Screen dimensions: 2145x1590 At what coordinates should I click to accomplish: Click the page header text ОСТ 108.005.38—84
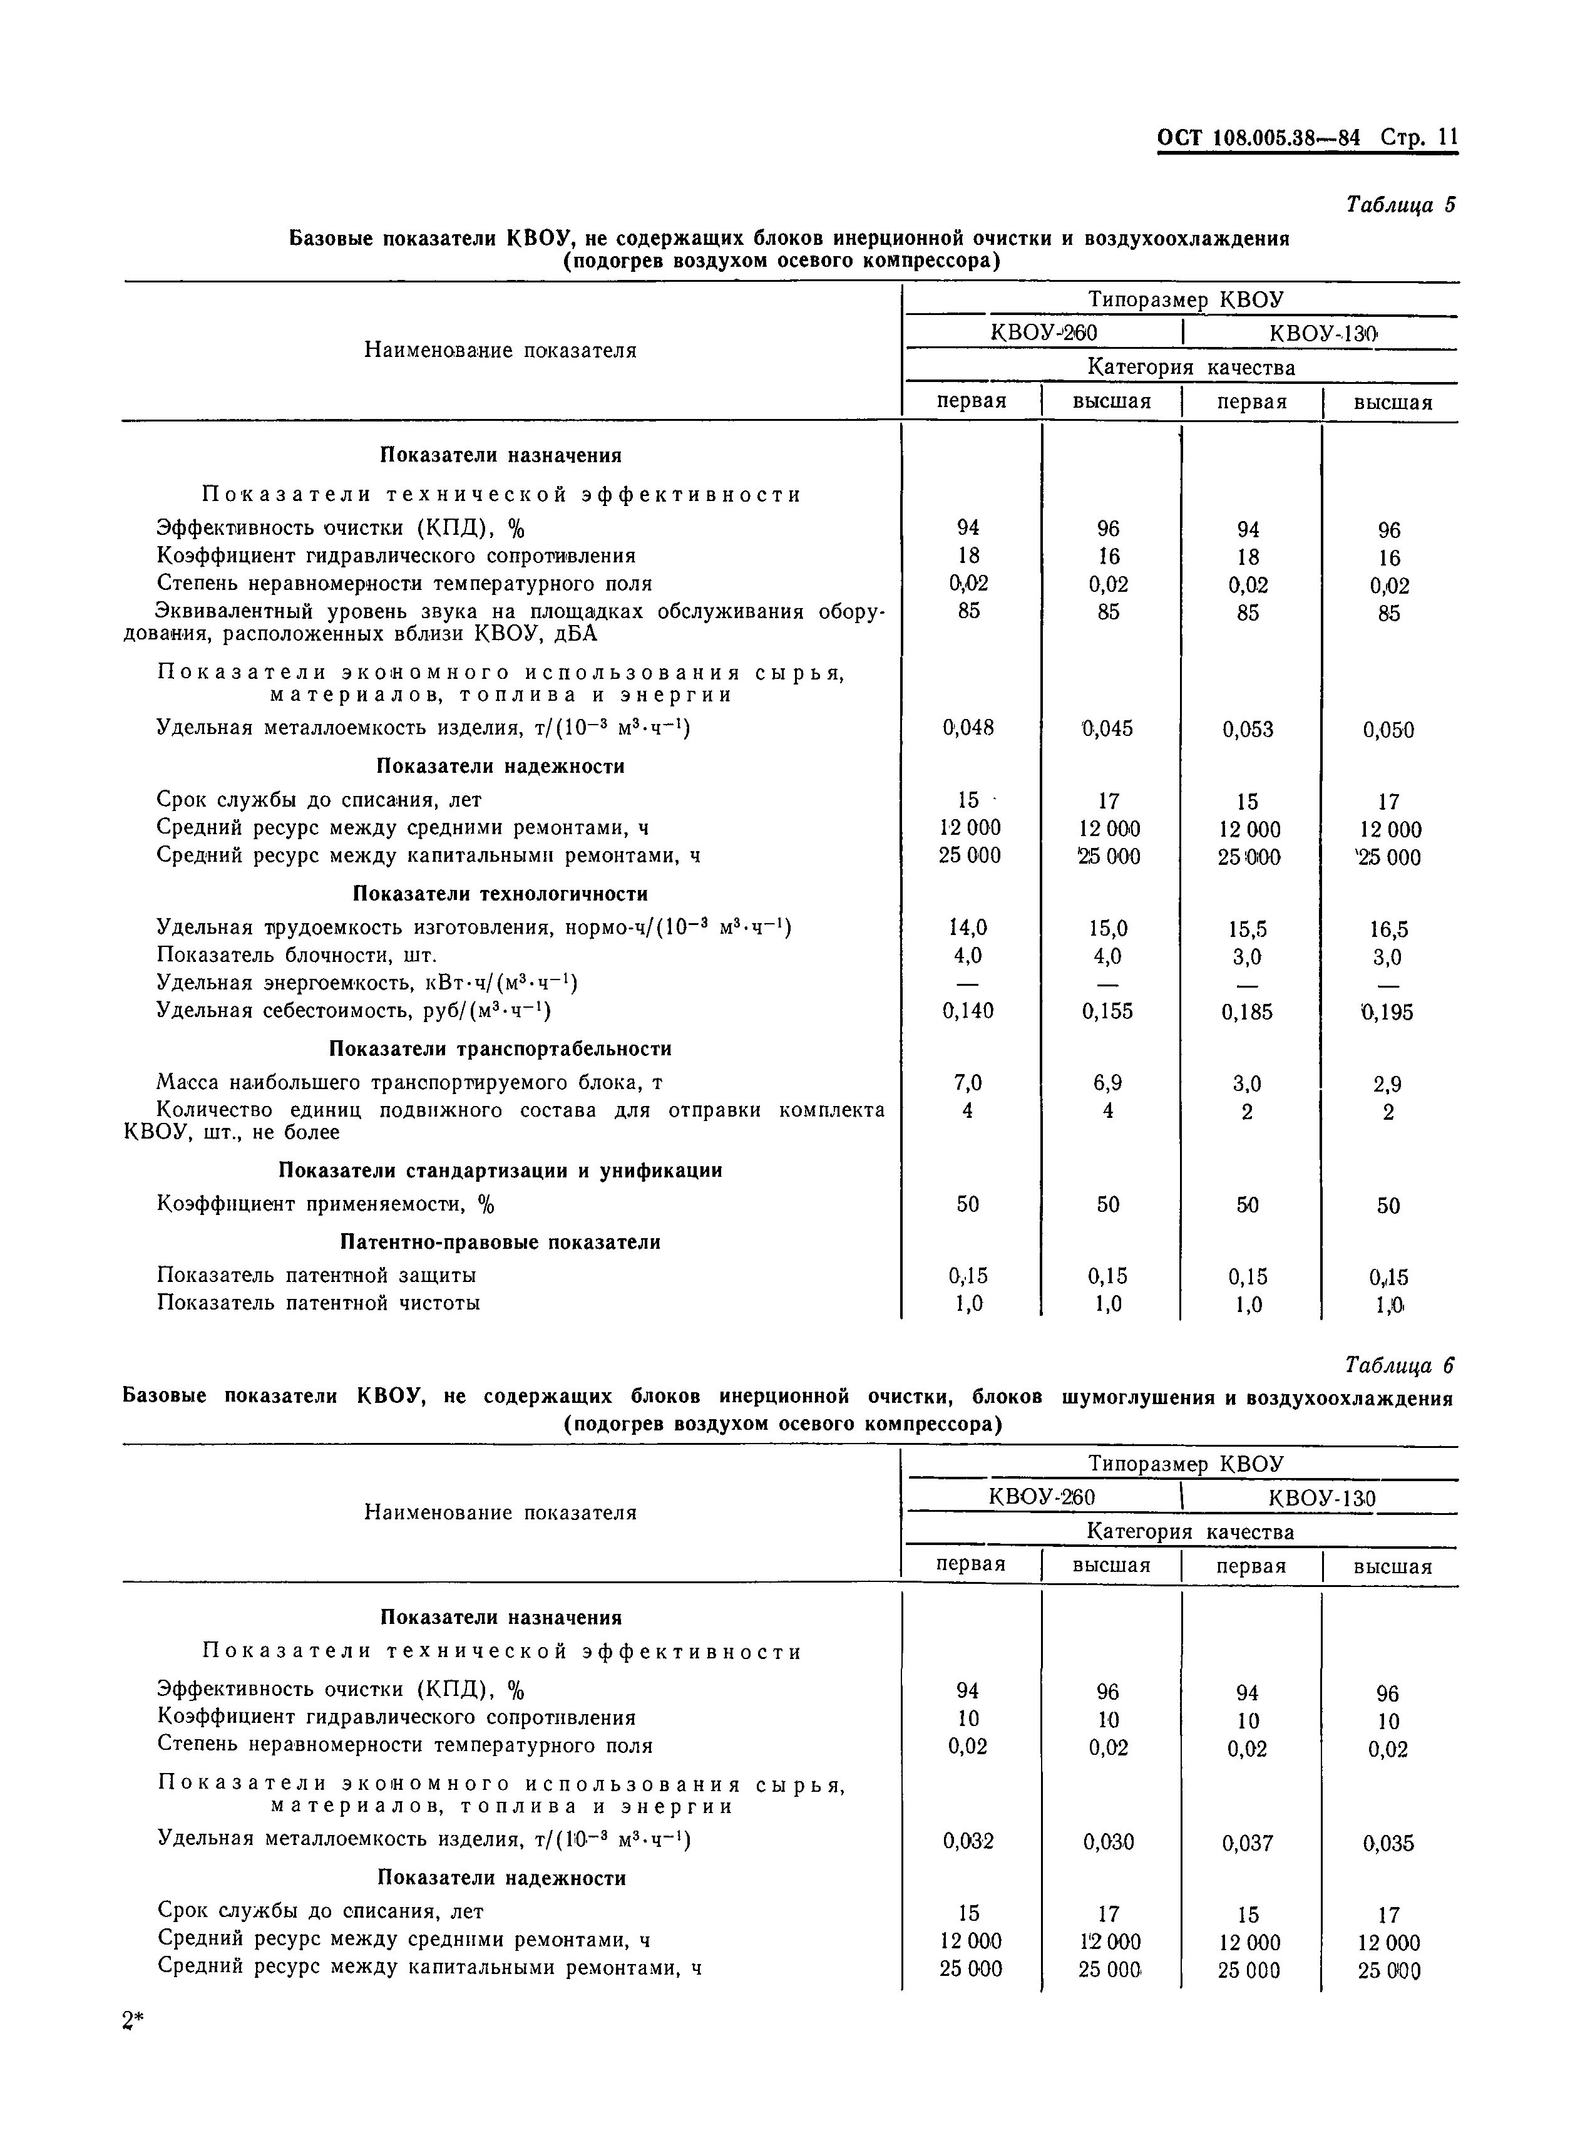tap(1258, 138)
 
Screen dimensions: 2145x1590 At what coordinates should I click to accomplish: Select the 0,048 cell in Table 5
tap(968, 728)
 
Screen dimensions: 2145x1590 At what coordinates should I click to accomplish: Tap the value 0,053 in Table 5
tap(1248, 730)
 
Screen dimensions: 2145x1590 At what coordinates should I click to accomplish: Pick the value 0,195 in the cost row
tap(1387, 1012)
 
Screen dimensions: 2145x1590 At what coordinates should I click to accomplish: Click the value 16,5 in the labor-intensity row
tap(1388, 929)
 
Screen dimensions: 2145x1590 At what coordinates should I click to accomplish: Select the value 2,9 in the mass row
tap(1387, 1085)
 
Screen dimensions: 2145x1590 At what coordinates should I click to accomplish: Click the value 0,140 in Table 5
tap(968, 1010)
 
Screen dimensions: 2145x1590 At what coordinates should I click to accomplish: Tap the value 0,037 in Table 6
tap(1248, 1843)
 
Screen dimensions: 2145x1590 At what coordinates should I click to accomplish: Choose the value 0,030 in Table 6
tap(1108, 1842)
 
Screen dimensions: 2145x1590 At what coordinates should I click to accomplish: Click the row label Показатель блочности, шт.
tap(297, 955)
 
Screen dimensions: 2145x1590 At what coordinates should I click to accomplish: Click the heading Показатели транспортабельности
tap(500, 1048)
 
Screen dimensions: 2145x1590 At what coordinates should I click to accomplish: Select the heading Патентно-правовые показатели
tap(500, 1243)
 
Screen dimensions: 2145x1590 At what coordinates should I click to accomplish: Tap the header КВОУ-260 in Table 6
tap(1042, 1497)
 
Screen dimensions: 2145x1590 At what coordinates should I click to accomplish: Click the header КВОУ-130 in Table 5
tap(1323, 333)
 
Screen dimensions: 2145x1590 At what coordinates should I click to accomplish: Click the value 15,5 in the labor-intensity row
tap(1248, 929)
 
